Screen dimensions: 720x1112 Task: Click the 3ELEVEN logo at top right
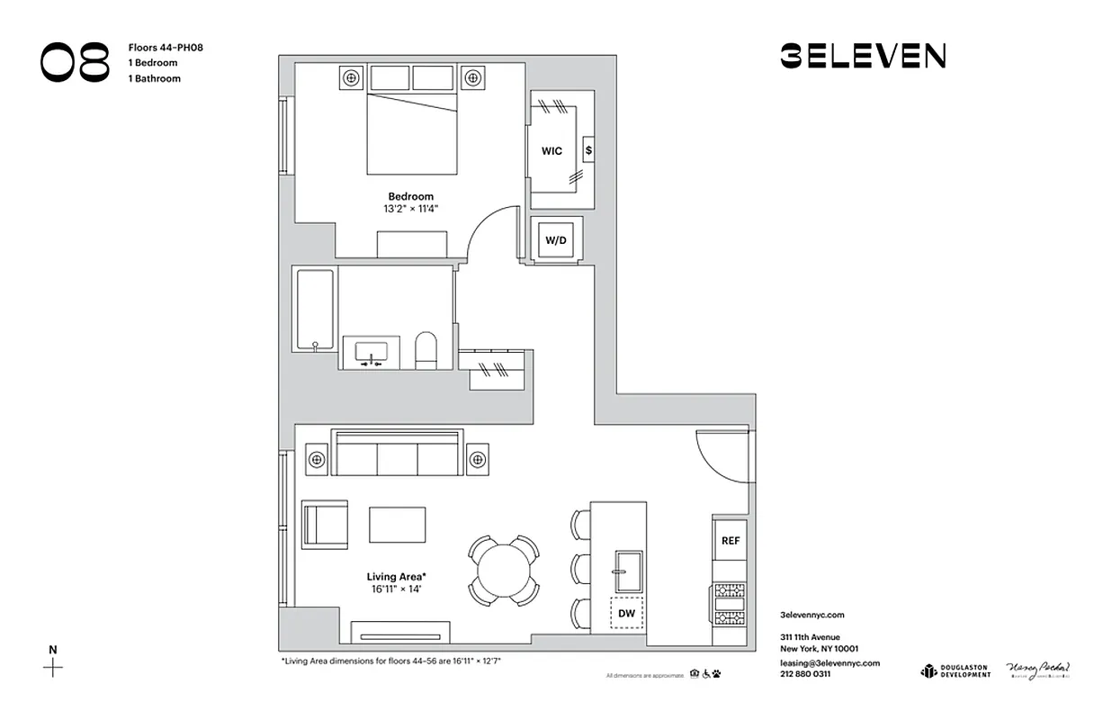862,57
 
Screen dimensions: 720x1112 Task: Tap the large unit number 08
75,63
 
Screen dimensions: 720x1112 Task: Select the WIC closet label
552,151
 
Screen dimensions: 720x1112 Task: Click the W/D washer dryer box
556,240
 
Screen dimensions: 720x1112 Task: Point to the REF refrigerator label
730,541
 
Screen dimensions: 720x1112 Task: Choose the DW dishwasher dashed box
627,614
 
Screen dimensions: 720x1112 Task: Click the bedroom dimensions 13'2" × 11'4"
410,209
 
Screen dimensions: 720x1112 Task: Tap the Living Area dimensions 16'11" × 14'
395,589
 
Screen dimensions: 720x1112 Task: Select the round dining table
503,570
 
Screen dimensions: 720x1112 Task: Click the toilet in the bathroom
426,350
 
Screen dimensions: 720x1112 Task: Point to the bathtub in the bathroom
316,309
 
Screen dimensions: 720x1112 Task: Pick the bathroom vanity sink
371,352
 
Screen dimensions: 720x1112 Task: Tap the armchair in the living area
324,525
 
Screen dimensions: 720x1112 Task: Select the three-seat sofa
397,454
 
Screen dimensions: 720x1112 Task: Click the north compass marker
53,667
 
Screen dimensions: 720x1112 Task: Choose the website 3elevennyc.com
812,615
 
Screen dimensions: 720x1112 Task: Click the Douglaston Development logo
955,670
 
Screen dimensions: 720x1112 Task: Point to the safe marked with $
588,150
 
